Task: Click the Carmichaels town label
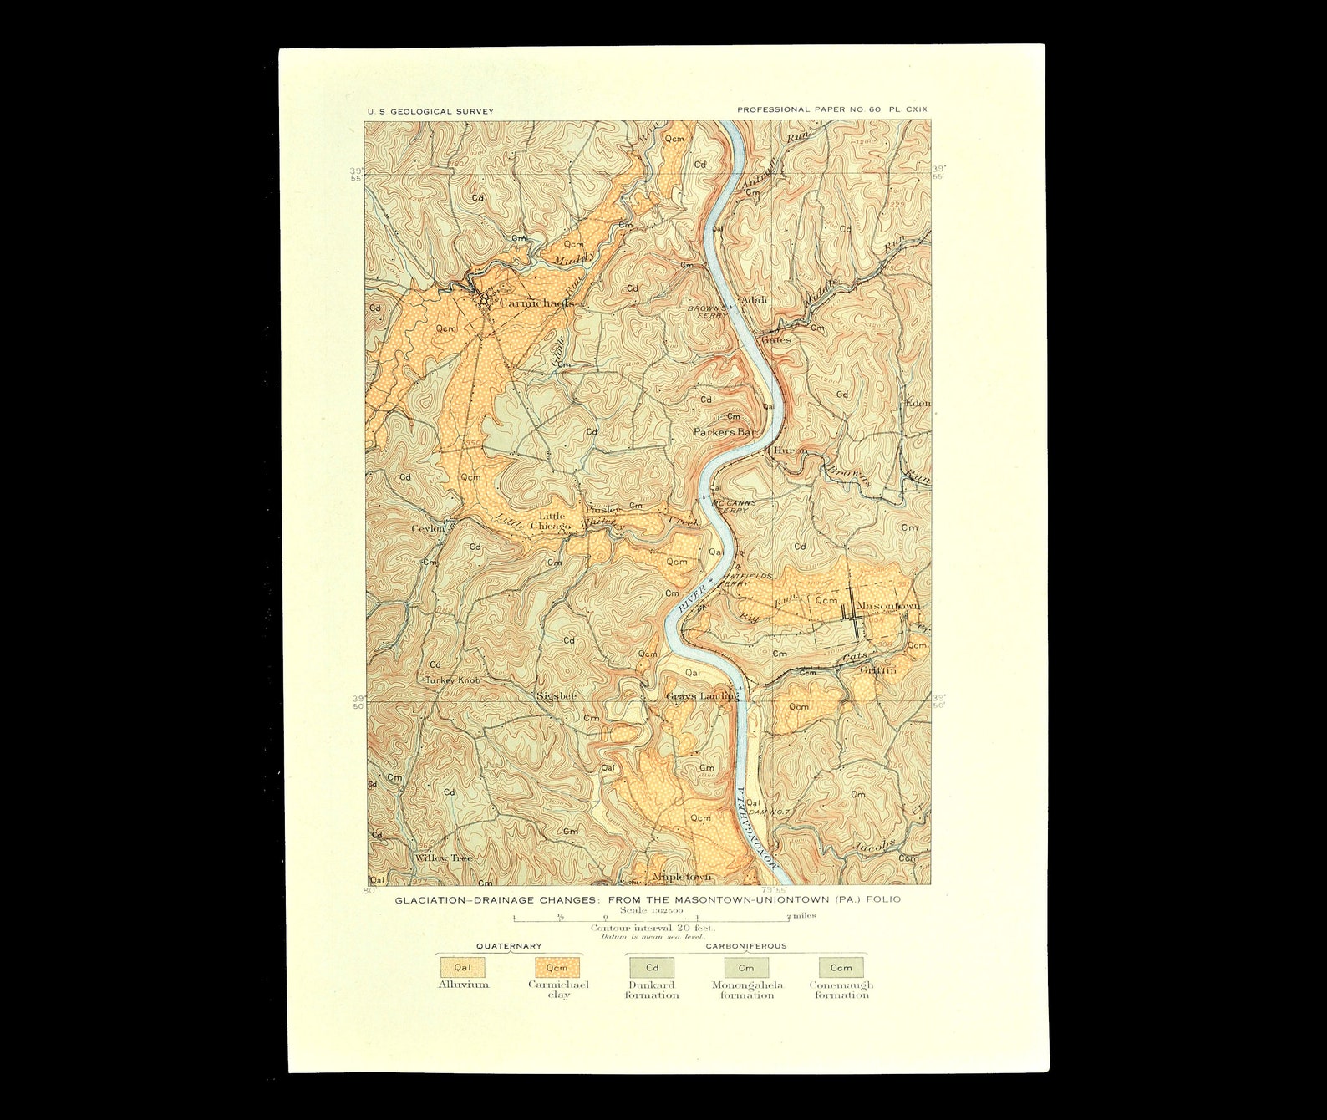pyautogui.click(x=536, y=303)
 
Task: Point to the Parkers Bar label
pyautogui.click(x=725, y=432)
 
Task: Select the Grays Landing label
pyautogui.click(x=702, y=695)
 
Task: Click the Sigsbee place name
pyautogui.click(x=557, y=695)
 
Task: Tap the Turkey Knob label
pyautogui.click(x=453, y=680)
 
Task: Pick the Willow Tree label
pyautogui.click(x=444, y=858)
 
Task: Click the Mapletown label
pyautogui.click(x=682, y=876)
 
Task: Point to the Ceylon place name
pyautogui.click(x=429, y=528)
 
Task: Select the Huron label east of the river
pyautogui.click(x=790, y=450)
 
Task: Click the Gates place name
pyautogui.click(x=775, y=339)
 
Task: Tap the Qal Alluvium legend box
pyautogui.click(x=462, y=967)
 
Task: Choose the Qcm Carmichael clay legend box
pyautogui.click(x=557, y=967)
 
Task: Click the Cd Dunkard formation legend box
pyautogui.click(x=652, y=967)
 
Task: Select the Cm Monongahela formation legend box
pyautogui.click(x=746, y=967)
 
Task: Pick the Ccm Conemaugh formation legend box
pyautogui.click(x=841, y=967)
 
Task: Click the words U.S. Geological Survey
pyautogui.click(x=430, y=111)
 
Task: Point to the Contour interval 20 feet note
pyautogui.click(x=653, y=928)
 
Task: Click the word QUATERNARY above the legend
pyautogui.click(x=509, y=946)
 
